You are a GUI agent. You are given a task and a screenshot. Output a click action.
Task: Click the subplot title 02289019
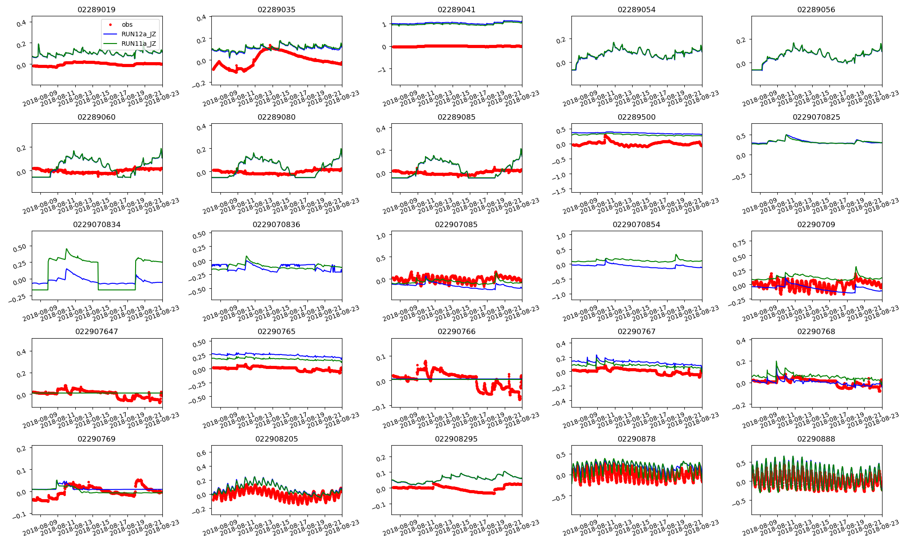coord(96,10)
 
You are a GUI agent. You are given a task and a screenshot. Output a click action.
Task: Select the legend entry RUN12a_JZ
coord(138,34)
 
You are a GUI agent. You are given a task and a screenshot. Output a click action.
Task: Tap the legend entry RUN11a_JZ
coord(138,44)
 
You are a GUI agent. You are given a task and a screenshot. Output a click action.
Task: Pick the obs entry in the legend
coord(127,24)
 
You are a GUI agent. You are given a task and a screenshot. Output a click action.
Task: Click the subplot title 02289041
coord(456,10)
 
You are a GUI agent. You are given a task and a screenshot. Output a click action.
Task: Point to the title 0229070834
coord(97,224)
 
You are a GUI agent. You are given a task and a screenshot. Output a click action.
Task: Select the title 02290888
coord(816,439)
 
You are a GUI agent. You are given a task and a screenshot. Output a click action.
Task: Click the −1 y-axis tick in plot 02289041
coord(383,70)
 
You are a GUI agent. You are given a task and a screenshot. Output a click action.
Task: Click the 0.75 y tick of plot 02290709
coord(739,243)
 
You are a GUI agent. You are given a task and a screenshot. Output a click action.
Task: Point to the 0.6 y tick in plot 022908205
coord(201,453)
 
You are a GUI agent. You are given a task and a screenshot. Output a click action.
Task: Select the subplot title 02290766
coord(456,331)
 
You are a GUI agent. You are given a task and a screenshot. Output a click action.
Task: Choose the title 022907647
coord(97,331)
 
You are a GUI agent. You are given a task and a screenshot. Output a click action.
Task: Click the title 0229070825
coord(816,117)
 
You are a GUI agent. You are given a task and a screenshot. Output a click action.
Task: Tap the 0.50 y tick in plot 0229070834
coord(20,247)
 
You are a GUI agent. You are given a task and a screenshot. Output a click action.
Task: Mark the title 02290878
coord(636,439)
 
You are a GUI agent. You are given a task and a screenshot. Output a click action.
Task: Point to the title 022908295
coord(456,439)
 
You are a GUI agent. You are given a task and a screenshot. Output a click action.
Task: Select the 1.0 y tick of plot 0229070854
coord(561,236)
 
